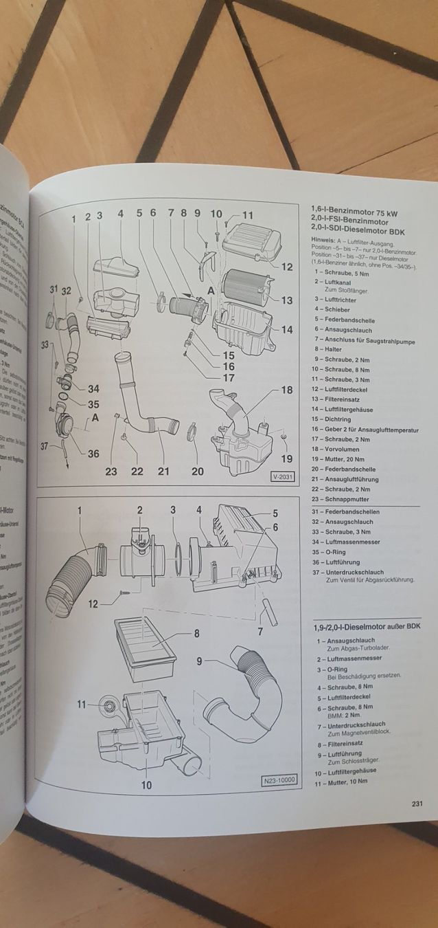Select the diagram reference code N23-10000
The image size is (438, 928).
point(279,780)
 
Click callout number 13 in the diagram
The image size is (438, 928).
point(286,300)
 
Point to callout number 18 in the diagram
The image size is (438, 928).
point(287,390)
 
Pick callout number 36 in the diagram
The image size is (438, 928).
point(93,453)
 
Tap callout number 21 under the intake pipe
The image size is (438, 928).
point(163,471)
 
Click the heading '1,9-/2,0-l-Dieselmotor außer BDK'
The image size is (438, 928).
point(363,627)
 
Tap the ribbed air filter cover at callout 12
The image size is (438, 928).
point(251,239)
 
